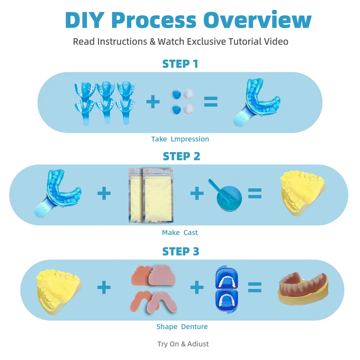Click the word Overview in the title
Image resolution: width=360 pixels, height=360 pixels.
257,20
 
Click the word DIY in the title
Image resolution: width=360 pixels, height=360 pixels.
84,20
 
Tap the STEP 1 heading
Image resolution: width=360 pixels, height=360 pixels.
180,64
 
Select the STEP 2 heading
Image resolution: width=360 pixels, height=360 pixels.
181,156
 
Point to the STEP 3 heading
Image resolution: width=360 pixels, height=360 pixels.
181,251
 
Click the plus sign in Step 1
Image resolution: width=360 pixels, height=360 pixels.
153,102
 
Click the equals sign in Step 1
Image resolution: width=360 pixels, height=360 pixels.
211,102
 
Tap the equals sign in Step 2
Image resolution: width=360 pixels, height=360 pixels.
255,193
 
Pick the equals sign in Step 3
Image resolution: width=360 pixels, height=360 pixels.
255,287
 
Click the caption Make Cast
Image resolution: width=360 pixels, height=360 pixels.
180,233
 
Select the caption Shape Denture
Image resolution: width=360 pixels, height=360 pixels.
182,327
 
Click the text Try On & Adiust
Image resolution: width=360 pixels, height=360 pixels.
183,344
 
